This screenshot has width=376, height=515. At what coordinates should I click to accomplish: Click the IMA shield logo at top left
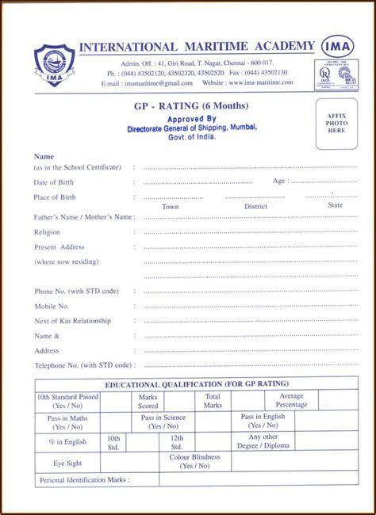[x=54, y=66]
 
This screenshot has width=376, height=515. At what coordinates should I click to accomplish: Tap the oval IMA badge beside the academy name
[x=338, y=46]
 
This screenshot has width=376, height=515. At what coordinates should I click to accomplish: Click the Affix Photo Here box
[x=336, y=124]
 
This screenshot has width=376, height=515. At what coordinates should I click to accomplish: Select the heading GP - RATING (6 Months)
[x=191, y=106]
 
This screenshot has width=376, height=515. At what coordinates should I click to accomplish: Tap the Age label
[x=278, y=181]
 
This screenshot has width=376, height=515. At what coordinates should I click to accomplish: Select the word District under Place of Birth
[x=255, y=206]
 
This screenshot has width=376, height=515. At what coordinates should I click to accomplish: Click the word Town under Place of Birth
[x=171, y=206]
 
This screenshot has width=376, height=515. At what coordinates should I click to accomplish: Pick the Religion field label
[x=47, y=232]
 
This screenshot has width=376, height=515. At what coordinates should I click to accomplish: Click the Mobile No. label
[x=52, y=306]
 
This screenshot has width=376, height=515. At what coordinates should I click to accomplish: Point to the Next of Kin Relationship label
[x=72, y=321]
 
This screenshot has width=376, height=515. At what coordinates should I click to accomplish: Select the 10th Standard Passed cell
[x=67, y=401]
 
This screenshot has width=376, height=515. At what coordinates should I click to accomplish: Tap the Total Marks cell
[x=213, y=401]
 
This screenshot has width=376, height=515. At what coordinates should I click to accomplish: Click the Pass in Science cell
[x=163, y=422]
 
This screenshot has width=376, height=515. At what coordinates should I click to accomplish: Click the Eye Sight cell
[x=67, y=463]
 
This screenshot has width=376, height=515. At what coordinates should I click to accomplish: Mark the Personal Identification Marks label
[x=84, y=480]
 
